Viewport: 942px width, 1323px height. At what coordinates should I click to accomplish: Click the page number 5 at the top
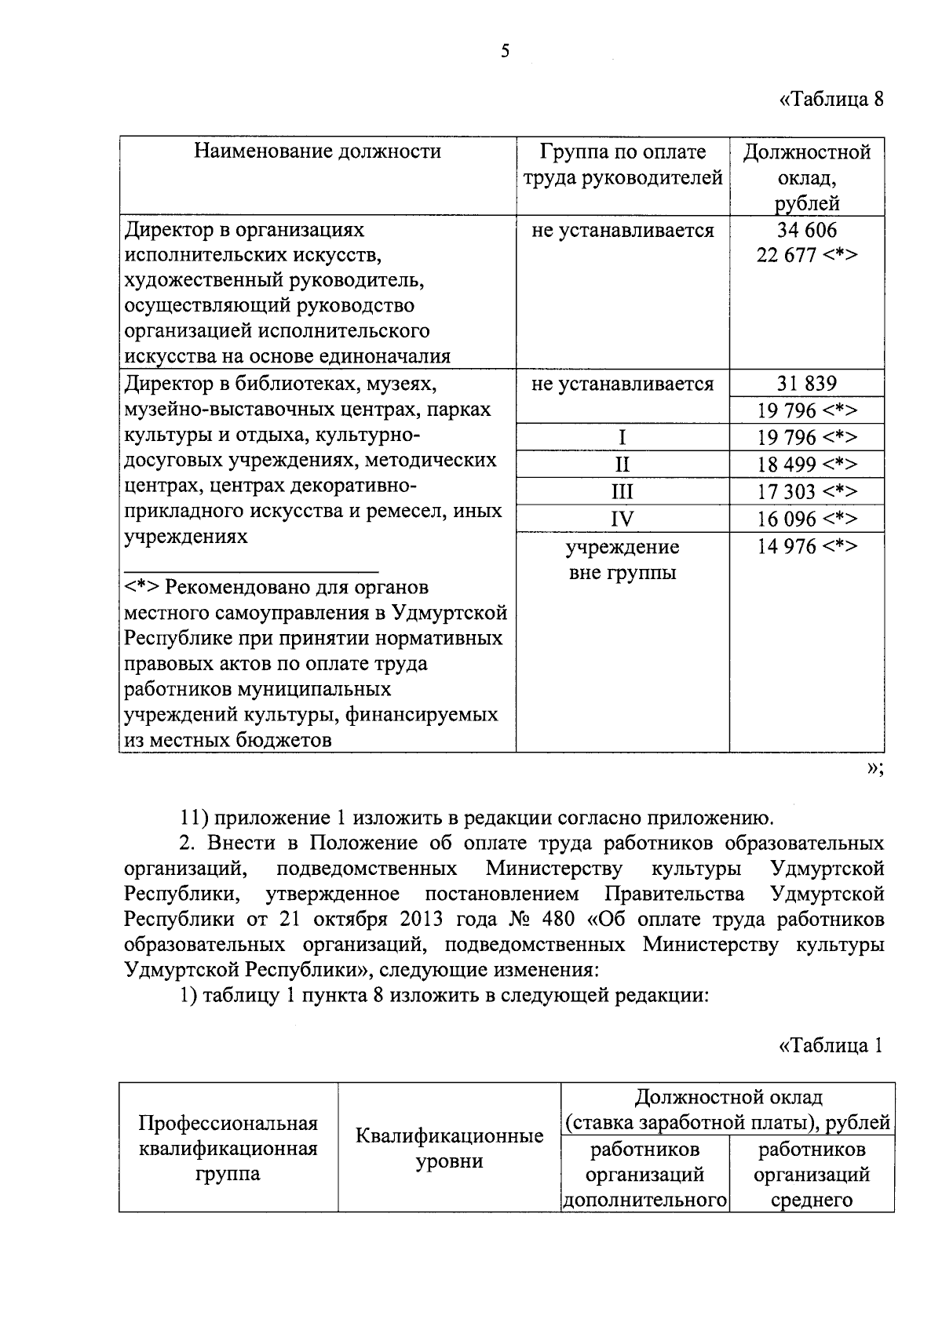click(505, 51)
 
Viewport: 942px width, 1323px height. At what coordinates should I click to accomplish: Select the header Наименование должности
click(318, 151)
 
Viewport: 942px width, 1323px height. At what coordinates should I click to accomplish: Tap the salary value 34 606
click(806, 230)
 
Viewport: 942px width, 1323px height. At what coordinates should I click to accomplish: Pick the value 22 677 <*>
click(806, 256)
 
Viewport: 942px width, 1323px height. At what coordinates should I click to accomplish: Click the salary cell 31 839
click(806, 384)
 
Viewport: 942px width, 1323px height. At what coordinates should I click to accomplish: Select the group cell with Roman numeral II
click(622, 465)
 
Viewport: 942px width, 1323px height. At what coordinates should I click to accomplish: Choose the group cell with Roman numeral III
click(622, 492)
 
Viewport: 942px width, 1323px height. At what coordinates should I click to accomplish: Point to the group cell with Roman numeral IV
click(622, 519)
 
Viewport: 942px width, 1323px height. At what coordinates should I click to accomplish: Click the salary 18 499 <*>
click(806, 465)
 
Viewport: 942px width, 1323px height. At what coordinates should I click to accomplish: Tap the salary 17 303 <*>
click(806, 492)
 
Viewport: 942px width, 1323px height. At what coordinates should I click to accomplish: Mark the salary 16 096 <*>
click(806, 519)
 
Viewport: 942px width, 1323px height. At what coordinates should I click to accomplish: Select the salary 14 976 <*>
click(806, 546)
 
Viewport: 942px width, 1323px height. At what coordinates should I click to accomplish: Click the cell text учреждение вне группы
click(622, 559)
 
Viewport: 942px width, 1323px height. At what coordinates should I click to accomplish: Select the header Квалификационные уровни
click(449, 1149)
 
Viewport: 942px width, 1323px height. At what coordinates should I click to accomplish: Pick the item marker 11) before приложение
click(192, 818)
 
